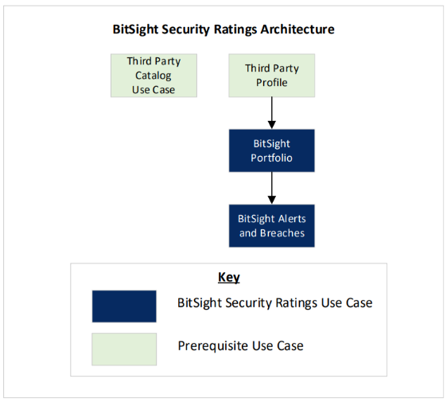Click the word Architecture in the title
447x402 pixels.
click(x=297, y=29)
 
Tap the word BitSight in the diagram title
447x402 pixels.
click(x=135, y=29)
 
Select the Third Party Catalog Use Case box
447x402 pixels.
click(x=154, y=76)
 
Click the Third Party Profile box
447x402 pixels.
click(x=272, y=76)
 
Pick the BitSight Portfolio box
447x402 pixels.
click(x=272, y=150)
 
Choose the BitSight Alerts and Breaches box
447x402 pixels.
click(x=272, y=226)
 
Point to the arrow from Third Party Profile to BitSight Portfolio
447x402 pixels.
click(x=272, y=113)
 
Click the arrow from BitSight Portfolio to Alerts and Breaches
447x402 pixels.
click(x=272, y=188)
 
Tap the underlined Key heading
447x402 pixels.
click(x=229, y=278)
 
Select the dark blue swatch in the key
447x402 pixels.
click(x=124, y=306)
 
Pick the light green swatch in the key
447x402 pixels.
click(x=124, y=349)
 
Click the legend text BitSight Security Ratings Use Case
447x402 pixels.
click(x=275, y=303)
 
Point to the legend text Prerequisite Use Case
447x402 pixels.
click(x=241, y=346)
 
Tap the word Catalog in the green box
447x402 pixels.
click(x=154, y=76)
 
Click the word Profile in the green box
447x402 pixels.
click(x=272, y=83)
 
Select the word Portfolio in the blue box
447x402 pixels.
click(x=272, y=158)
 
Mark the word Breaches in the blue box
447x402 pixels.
click(x=282, y=233)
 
